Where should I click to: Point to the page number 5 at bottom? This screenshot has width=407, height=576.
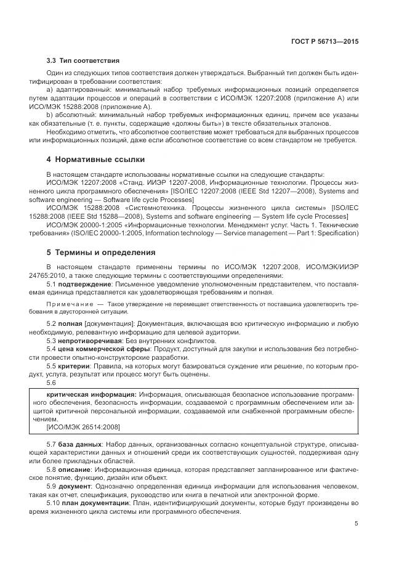click(x=357, y=524)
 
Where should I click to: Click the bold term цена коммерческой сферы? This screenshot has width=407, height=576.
click(x=100, y=349)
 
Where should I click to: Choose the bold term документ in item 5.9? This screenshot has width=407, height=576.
click(x=73, y=487)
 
